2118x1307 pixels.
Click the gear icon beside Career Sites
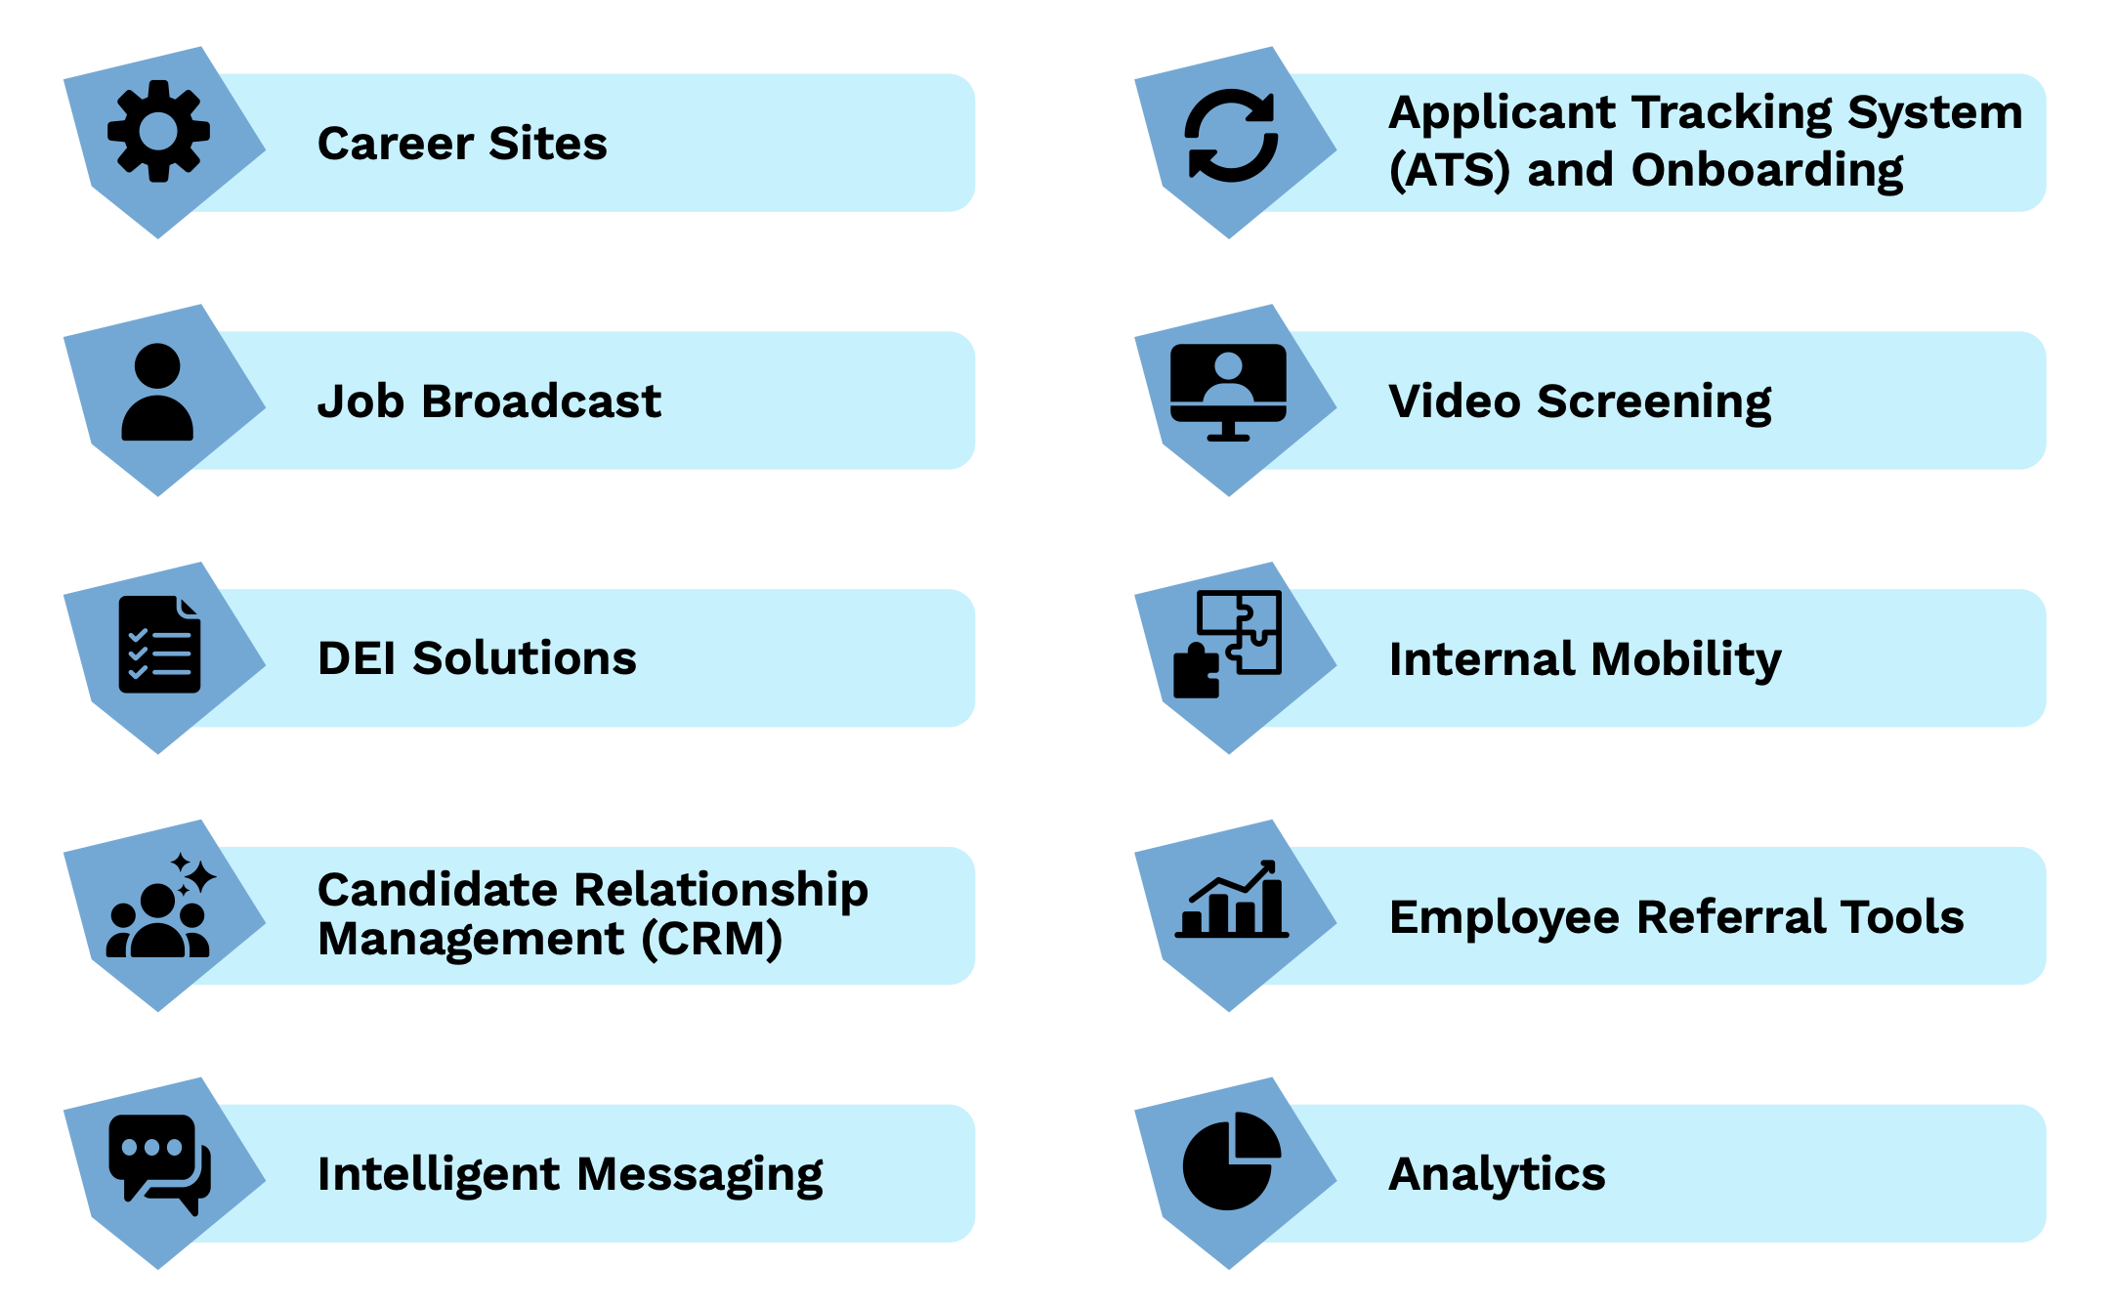coord(158,131)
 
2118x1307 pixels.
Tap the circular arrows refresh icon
coord(1231,136)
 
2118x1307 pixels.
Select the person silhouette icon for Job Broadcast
coord(157,393)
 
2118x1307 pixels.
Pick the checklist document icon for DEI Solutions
coord(159,645)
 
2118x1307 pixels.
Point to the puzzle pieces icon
coord(1227,644)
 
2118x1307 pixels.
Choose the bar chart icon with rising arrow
coord(1231,901)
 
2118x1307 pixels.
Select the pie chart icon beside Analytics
coord(1230,1161)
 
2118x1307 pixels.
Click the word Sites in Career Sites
coord(548,144)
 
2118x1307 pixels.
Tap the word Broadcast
coord(541,401)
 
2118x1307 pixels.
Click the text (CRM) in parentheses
coord(712,940)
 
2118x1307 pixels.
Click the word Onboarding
coord(1766,171)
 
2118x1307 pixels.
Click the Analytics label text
coord(1497,1174)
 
